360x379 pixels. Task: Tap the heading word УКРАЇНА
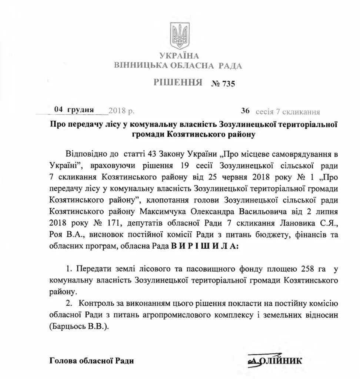(179, 56)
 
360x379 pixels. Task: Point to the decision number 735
(229, 84)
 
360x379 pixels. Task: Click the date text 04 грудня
(74, 110)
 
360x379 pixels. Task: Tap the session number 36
(245, 111)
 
